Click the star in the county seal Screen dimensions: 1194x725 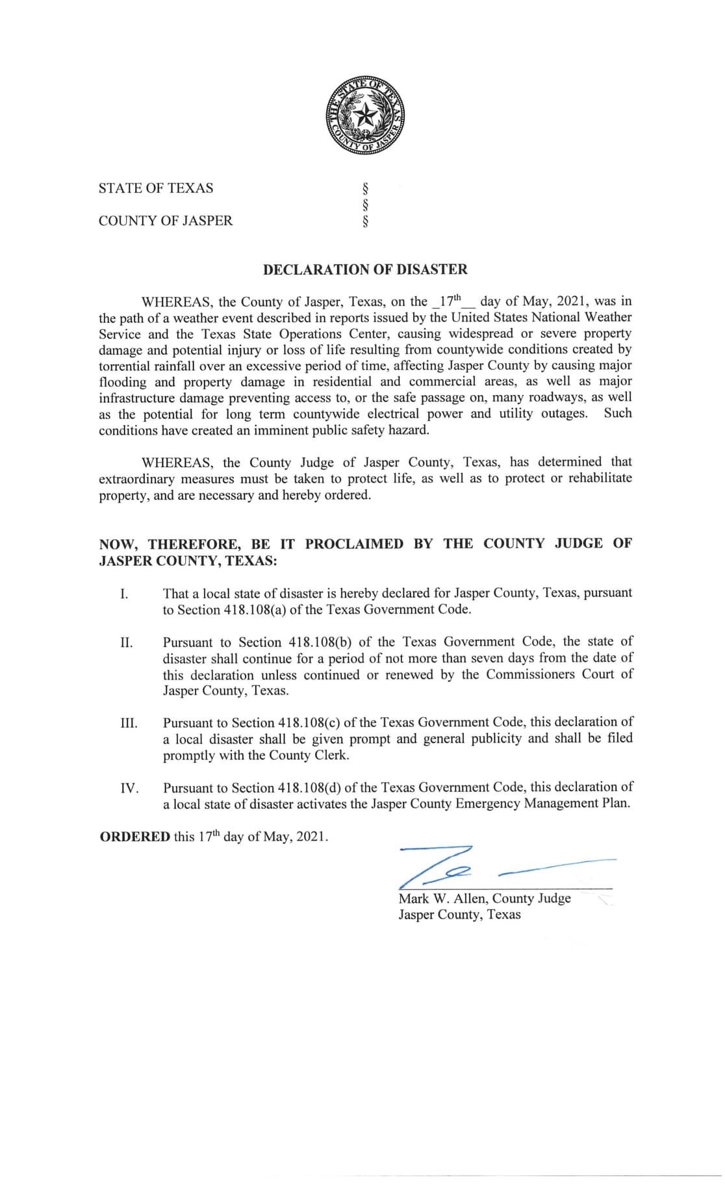pos(364,116)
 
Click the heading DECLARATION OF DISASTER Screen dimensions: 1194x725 pos(364,269)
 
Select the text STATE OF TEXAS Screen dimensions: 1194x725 pos(156,188)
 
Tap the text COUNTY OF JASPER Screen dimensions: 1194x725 pos(166,221)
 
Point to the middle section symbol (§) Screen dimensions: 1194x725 pos(365,205)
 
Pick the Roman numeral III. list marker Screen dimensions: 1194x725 pos(129,724)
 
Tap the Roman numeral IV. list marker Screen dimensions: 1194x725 pos(129,789)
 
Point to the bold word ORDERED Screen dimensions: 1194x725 pos(134,837)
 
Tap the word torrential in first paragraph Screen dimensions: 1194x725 pos(128,366)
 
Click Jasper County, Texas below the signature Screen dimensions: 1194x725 pos(459,915)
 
